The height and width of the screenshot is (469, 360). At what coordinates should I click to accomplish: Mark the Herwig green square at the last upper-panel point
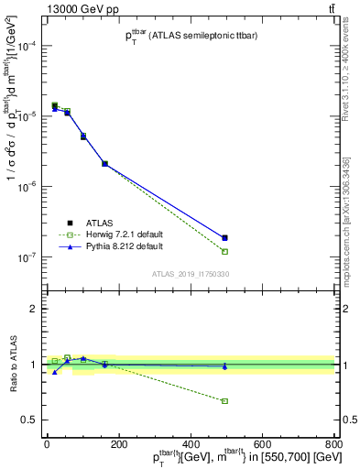[x=224, y=251]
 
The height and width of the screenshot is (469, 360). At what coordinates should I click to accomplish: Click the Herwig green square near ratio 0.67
[x=224, y=401]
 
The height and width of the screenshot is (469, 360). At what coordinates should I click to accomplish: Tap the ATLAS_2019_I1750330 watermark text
[x=191, y=274]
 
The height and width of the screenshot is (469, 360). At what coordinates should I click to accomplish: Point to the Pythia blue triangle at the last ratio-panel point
[x=224, y=366]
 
